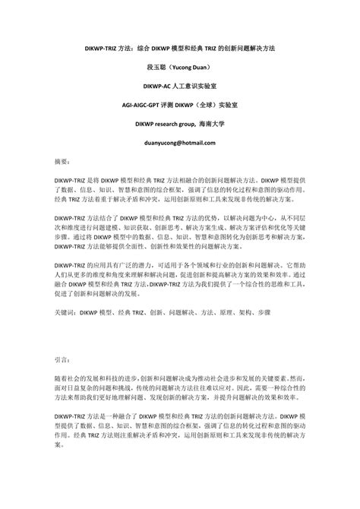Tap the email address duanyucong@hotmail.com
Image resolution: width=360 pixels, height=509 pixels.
pos(180,122)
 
